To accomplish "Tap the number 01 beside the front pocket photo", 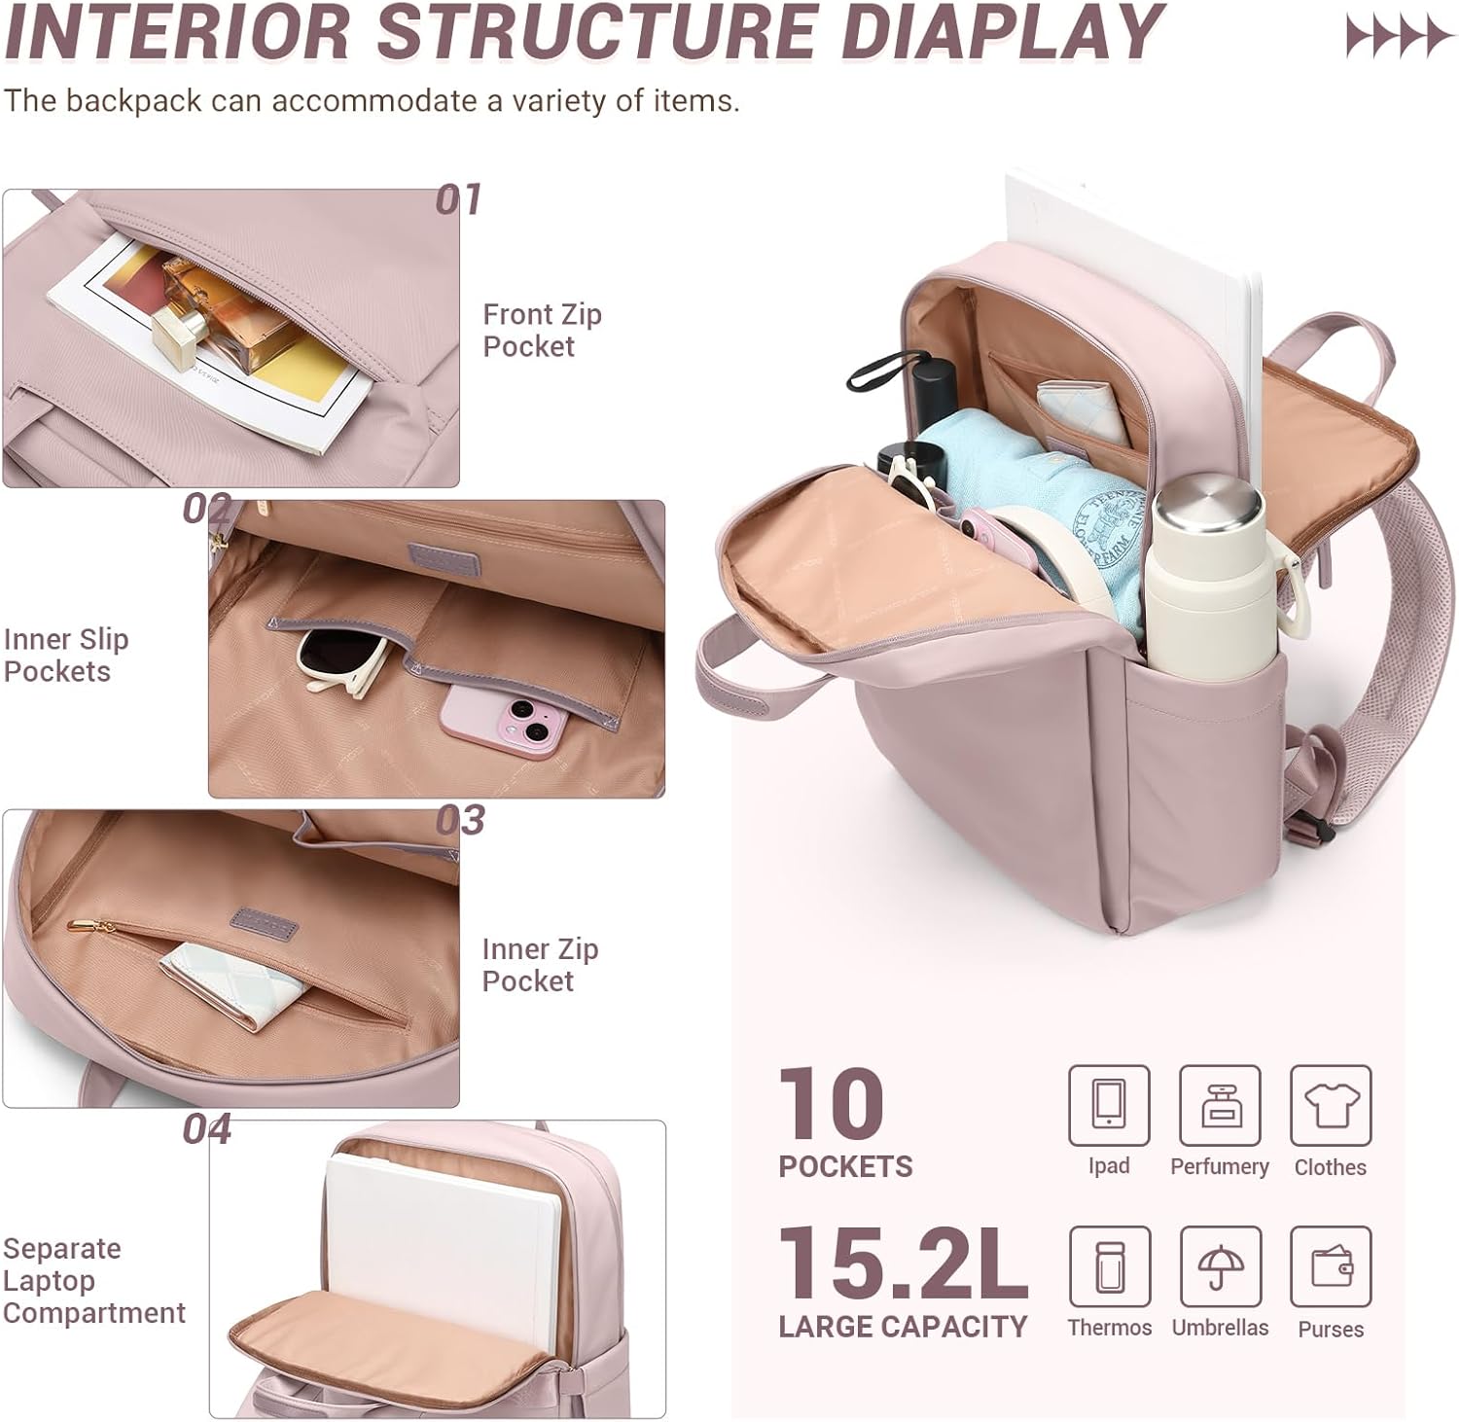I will pyautogui.click(x=458, y=199).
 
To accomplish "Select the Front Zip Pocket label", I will pyautogui.click(x=542, y=331).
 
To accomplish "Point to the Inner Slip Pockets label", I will pyautogui.click(x=65, y=656).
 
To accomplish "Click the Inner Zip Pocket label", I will pyautogui.click(x=540, y=965).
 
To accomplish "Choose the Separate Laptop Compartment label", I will pyautogui.click(x=92, y=1280).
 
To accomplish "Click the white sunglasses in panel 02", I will pyautogui.click(x=341, y=661).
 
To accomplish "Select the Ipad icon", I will pyautogui.click(x=1109, y=1105).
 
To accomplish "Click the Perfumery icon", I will pyautogui.click(x=1220, y=1105).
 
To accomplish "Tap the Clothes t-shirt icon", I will pyautogui.click(x=1331, y=1105).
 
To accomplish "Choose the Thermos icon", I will pyautogui.click(x=1109, y=1266).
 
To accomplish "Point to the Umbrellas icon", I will pyautogui.click(x=1220, y=1266).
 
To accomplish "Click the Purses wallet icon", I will pyautogui.click(x=1331, y=1266).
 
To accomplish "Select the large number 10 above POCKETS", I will pyautogui.click(x=832, y=1103).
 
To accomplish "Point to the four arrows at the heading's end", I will pyautogui.click(x=1398, y=37).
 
